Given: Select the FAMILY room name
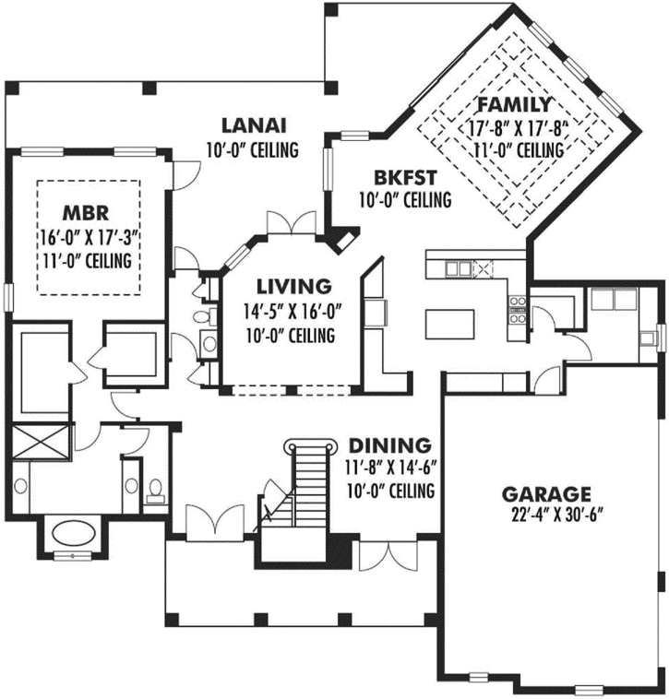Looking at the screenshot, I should coord(513,104).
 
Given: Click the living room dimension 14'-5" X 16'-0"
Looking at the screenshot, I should coord(294,312).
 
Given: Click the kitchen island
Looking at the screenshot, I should coord(449,325).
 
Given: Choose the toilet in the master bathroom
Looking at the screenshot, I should coord(155,489).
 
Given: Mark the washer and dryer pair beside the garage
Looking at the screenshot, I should coord(611,301).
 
